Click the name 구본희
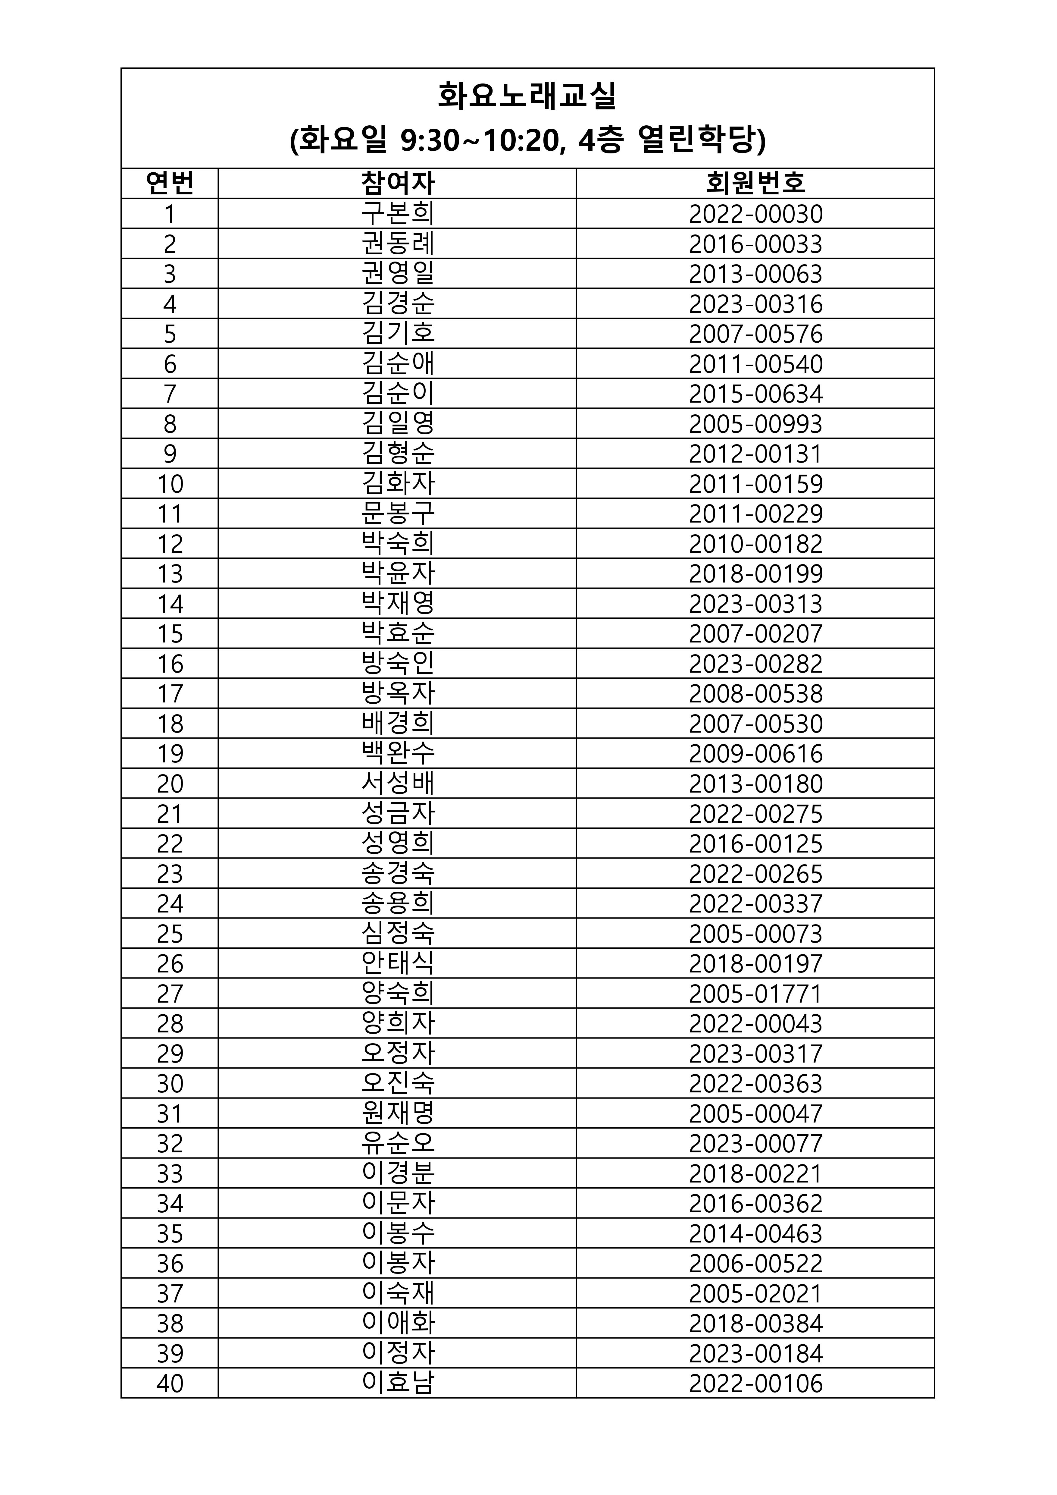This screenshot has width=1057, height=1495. coord(398,214)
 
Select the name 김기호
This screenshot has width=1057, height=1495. coord(398,333)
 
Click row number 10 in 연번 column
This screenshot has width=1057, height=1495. coord(170,484)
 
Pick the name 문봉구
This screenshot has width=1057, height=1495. coord(398,514)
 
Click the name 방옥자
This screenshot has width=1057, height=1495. coord(398,693)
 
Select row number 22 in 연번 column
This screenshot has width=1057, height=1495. coord(170,844)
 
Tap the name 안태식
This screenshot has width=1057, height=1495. coord(398,964)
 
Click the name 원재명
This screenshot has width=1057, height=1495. coord(398,1113)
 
